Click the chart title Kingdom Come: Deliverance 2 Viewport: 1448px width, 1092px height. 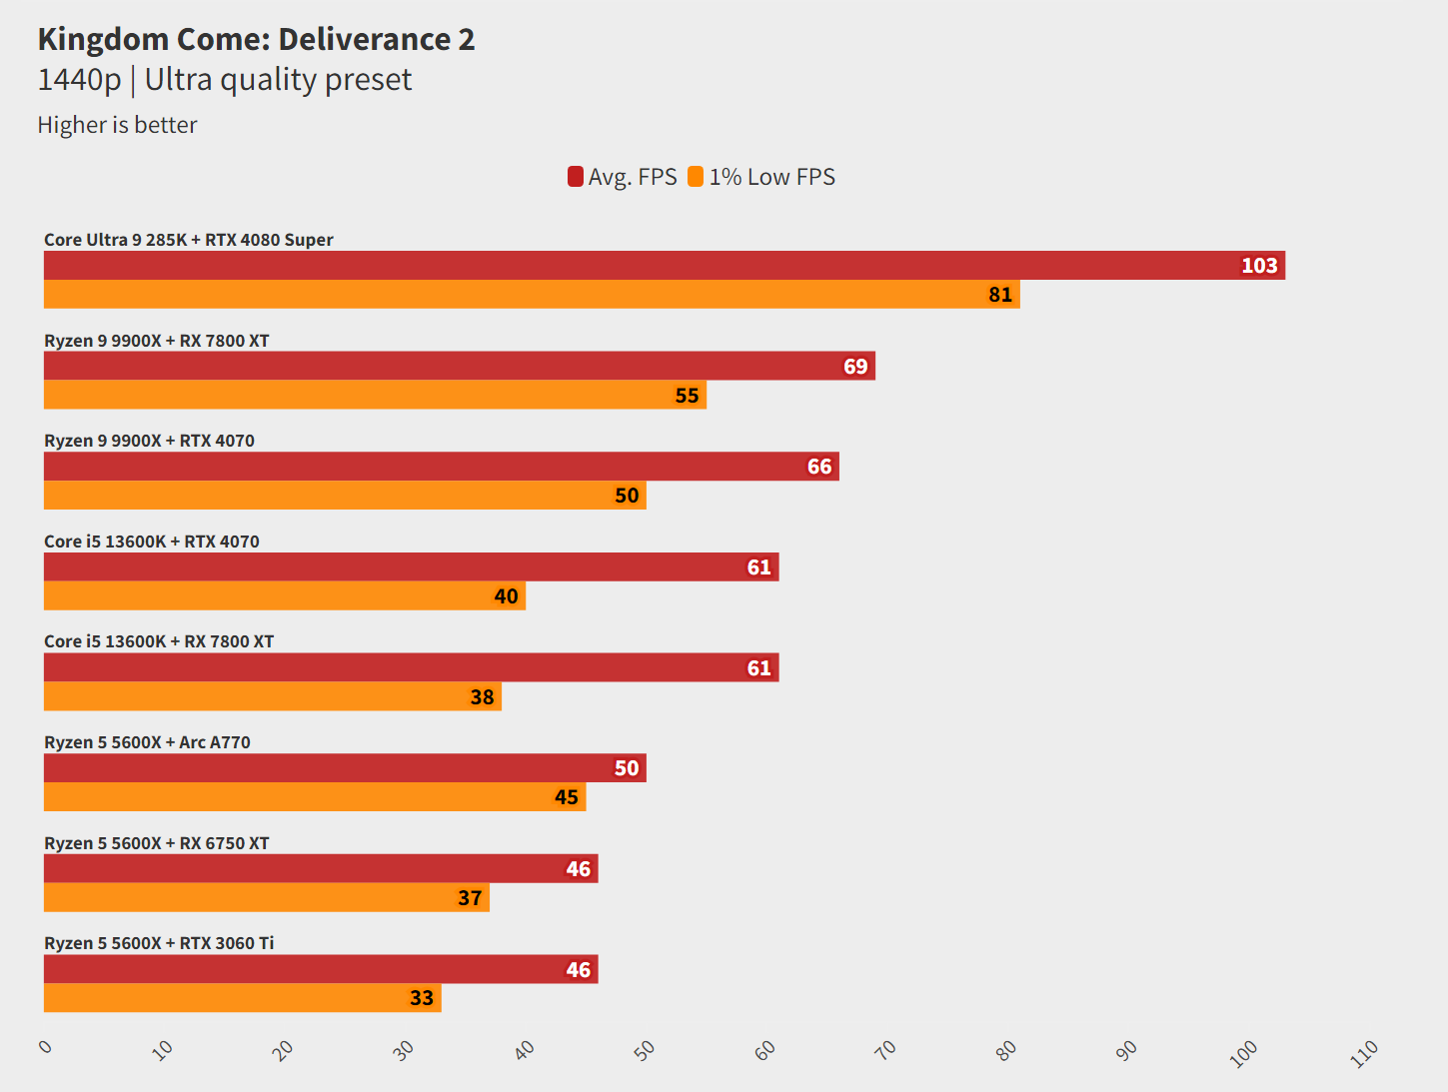[x=256, y=39]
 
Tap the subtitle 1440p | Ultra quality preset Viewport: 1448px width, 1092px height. [x=224, y=80]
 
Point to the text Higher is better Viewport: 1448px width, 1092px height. [x=117, y=125]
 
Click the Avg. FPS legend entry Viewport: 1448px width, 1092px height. [x=623, y=177]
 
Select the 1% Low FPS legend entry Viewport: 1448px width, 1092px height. [x=762, y=177]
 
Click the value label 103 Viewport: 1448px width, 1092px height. [x=1259, y=266]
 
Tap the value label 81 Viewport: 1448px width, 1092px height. [x=1000, y=295]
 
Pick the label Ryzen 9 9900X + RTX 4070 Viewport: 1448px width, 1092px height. [x=149, y=441]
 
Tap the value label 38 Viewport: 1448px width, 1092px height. [x=482, y=697]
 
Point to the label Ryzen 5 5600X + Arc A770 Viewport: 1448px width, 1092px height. [x=147, y=742]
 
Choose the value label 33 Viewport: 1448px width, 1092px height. [x=422, y=998]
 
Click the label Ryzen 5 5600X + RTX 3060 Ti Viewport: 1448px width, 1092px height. [x=159, y=943]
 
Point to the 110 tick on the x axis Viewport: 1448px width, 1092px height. [x=1364, y=1053]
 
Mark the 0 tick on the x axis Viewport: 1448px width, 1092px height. [x=45, y=1046]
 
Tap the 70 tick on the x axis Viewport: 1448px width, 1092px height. [x=885, y=1049]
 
